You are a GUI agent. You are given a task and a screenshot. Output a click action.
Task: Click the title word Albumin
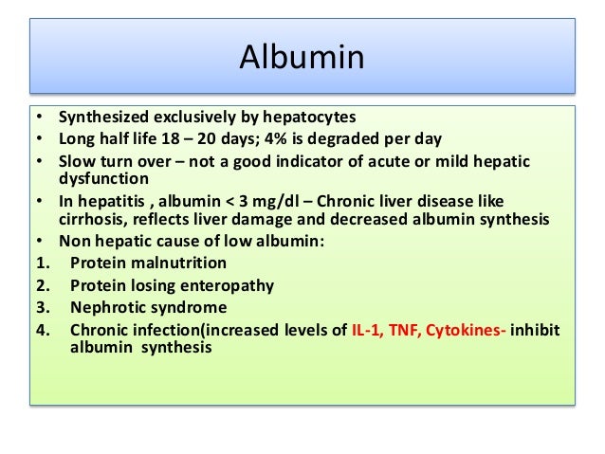pyautogui.click(x=301, y=58)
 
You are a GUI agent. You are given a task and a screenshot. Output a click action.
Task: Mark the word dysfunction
pyautogui.click(x=104, y=177)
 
